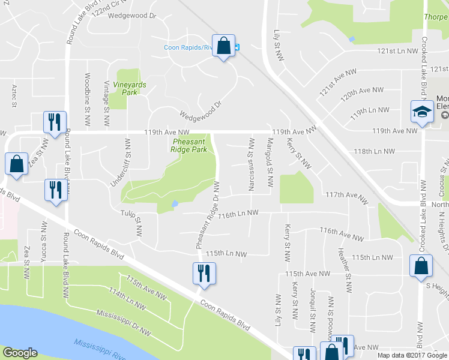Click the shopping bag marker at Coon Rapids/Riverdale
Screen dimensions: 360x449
pos(223,46)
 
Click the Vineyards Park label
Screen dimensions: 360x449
pos(129,89)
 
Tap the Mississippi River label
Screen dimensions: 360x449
pos(100,346)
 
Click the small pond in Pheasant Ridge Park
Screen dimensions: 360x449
pos(174,204)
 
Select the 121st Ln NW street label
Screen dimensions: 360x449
pos(397,52)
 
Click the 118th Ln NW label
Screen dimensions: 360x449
pos(374,151)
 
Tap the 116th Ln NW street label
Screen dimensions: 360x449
pos(238,213)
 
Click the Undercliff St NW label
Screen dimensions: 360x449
pos(127,163)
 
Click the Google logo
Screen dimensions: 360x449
pos(20,353)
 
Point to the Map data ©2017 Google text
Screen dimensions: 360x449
pos(412,355)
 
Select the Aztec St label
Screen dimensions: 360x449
pos(13,96)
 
